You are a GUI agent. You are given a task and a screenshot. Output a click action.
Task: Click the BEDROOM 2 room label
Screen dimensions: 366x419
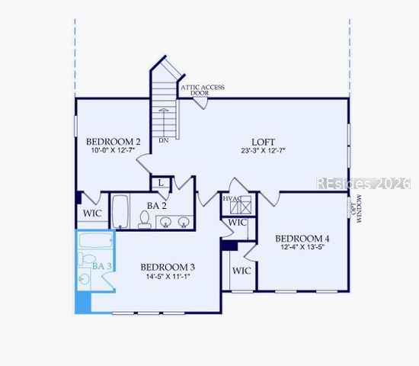click(x=113, y=141)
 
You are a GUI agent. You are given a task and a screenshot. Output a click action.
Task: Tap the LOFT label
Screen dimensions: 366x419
click(x=264, y=142)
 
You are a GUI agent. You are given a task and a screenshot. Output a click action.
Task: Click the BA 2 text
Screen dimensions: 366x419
click(x=158, y=204)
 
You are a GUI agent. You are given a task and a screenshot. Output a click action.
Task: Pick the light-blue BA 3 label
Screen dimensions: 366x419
click(x=102, y=266)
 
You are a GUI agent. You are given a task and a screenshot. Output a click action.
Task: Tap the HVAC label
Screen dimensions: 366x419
click(x=232, y=199)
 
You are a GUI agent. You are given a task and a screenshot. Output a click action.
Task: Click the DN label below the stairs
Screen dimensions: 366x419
click(x=164, y=141)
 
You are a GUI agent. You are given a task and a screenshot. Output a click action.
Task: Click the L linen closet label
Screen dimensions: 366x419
click(x=162, y=183)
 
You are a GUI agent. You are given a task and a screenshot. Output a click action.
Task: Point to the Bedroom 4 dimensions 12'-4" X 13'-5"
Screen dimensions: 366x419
click(x=302, y=248)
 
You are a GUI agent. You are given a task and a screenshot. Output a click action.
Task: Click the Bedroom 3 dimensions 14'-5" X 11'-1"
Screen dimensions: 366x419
click(x=168, y=276)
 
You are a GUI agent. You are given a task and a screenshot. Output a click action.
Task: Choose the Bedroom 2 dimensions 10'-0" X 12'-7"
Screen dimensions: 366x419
click(x=113, y=151)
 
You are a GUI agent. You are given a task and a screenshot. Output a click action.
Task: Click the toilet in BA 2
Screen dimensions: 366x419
click(x=145, y=220)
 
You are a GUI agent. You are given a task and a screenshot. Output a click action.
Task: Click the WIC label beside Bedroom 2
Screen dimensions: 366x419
click(x=93, y=213)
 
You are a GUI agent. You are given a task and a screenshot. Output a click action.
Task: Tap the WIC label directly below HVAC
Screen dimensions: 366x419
click(x=238, y=223)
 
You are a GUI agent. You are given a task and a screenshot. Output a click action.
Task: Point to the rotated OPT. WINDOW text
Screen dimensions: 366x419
click(x=356, y=208)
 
